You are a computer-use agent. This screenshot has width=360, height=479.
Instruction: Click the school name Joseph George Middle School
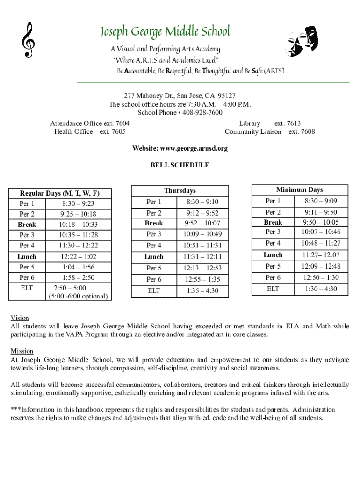(165, 32)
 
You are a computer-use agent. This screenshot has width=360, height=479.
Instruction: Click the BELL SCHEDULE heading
(180, 165)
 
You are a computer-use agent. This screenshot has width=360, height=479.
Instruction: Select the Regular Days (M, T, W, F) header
(59, 193)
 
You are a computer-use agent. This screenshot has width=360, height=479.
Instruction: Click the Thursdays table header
(180, 191)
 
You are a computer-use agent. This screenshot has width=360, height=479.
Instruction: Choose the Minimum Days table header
(299, 189)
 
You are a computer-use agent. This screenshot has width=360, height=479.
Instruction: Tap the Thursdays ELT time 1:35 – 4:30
(202, 291)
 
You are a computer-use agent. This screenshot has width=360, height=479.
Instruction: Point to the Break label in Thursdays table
(154, 223)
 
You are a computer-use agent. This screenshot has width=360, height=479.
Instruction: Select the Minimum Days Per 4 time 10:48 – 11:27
(321, 243)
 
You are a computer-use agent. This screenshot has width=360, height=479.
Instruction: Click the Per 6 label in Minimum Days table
(273, 278)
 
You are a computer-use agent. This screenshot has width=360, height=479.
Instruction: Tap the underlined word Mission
(22, 351)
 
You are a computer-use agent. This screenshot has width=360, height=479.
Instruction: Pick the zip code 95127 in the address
(227, 96)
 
